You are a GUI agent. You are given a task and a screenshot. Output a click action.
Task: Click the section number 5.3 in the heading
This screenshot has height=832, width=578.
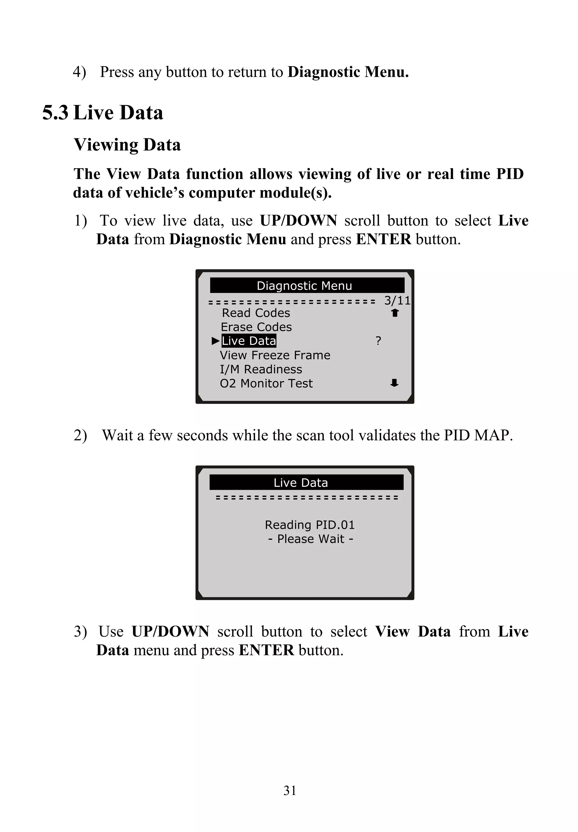[55, 113]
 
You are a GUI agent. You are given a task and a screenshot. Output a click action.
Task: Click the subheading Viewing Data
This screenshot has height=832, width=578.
[127, 145]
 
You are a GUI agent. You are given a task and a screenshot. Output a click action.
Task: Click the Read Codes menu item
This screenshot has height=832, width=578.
[256, 313]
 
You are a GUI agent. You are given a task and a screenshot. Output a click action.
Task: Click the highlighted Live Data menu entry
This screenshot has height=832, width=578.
[249, 341]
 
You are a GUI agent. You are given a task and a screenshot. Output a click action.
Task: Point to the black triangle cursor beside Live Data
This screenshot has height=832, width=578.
[216, 341]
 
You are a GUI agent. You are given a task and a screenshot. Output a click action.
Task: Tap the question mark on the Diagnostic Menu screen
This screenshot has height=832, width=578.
[378, 341]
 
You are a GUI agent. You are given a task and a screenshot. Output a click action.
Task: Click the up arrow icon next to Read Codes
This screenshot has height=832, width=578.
[395, 313]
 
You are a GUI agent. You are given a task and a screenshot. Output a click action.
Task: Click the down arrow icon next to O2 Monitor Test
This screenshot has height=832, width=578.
[394, 383]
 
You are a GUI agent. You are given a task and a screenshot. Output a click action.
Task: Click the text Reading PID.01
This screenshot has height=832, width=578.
[309, 525]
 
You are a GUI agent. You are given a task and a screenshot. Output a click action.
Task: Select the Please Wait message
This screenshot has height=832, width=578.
[310, 539]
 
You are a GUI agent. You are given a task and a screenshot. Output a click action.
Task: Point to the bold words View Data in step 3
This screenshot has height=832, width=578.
[413, 631]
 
